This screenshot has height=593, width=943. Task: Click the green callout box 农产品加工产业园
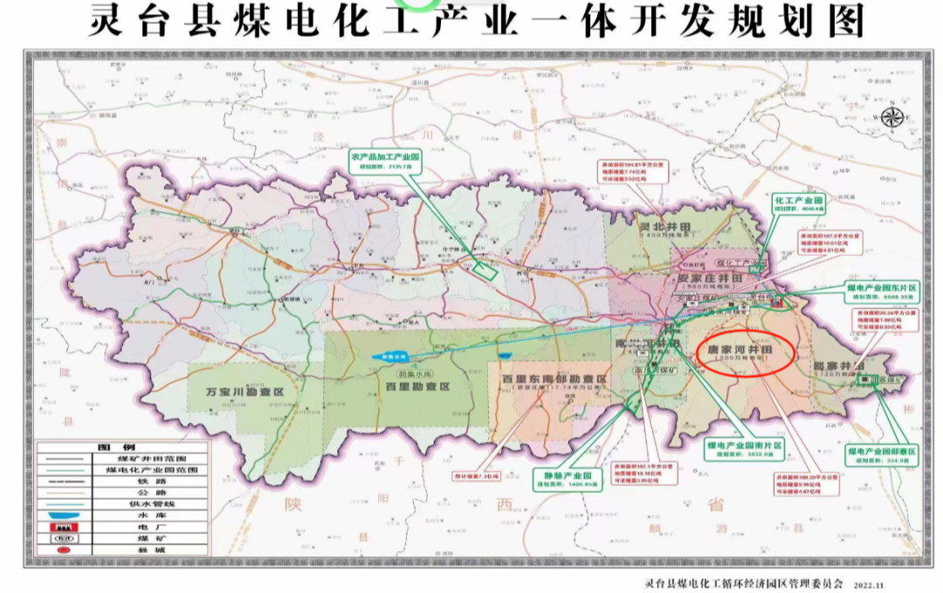tap(386, 161)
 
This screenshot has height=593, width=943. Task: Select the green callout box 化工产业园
tap(799, 204)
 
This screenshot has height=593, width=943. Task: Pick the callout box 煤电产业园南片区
tap(745, 449)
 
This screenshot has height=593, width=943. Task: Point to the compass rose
tap(891, 116)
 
